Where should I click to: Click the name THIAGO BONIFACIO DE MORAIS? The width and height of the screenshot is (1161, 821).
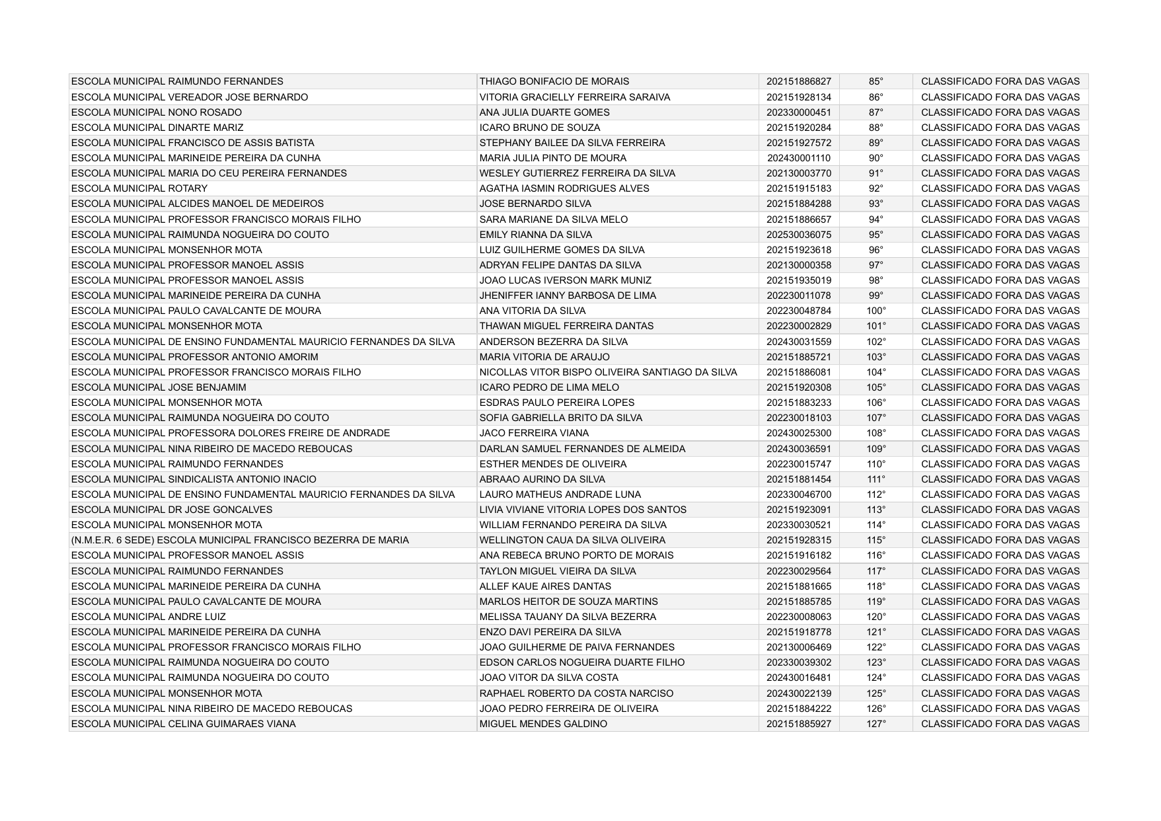coord(554,81)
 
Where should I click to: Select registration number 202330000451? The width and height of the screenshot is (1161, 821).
coord(798,112)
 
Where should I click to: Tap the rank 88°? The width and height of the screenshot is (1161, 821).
coord(876,128)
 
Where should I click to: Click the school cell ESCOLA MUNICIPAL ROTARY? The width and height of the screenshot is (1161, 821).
coord(139,188)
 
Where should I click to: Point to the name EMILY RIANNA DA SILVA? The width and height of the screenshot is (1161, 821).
coord(535,235)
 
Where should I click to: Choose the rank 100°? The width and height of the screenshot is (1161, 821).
coord(876,311)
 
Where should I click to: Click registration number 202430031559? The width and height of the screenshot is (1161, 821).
coord(798,342)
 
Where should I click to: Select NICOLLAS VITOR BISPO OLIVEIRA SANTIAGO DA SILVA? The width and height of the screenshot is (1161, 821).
coord(608,372)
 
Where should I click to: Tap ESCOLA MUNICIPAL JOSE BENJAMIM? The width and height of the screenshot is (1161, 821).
coord(159,387)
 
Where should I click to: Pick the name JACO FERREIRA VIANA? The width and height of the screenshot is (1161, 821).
coord(534,433)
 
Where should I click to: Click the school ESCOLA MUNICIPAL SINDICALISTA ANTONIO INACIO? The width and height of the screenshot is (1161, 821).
coord(194,479)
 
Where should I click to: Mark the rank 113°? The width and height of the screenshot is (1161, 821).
coord(876,510)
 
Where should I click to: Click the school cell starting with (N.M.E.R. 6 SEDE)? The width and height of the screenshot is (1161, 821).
coord(240,540)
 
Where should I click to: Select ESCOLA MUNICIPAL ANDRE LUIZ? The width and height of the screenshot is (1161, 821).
coord(149,617)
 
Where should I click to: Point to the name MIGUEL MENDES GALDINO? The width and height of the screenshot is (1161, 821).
coord(543,724)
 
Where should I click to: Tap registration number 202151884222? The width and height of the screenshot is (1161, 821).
coord(798,709)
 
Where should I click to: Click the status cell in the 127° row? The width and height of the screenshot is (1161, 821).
coord(1000,724)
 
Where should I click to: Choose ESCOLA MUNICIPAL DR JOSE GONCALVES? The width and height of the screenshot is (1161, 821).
coord(172,510)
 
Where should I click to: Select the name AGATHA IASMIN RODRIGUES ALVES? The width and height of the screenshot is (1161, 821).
coord(564,188)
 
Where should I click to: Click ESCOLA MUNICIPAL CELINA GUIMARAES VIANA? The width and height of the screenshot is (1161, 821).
coord(184,724)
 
